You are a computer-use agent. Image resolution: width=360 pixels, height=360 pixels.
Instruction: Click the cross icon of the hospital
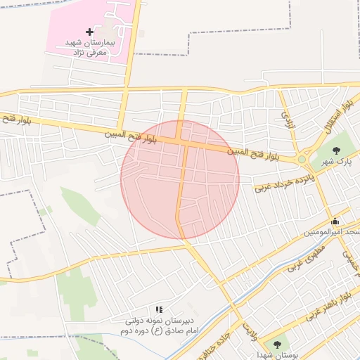click(x=89, y=32)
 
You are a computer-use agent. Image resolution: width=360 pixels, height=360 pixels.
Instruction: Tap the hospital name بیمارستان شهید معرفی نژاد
click(x=89, y=48)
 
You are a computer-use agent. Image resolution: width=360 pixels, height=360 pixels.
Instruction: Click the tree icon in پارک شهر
click(x=335, y=150)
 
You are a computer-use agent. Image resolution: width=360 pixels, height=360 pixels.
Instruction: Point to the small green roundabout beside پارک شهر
click(x=302, y=160)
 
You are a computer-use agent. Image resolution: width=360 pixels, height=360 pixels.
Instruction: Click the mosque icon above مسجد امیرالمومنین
click(x=335, y=221)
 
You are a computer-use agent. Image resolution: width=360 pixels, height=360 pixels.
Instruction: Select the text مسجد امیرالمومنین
click(x=333, y=232)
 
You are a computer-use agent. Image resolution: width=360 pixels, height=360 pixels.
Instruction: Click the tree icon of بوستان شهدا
click(x=278, y=345)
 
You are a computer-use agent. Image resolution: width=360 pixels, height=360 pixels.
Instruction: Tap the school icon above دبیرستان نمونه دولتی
click(x=159, y=309)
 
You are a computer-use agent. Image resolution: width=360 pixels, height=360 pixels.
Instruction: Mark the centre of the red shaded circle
click(x=180, y=179)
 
